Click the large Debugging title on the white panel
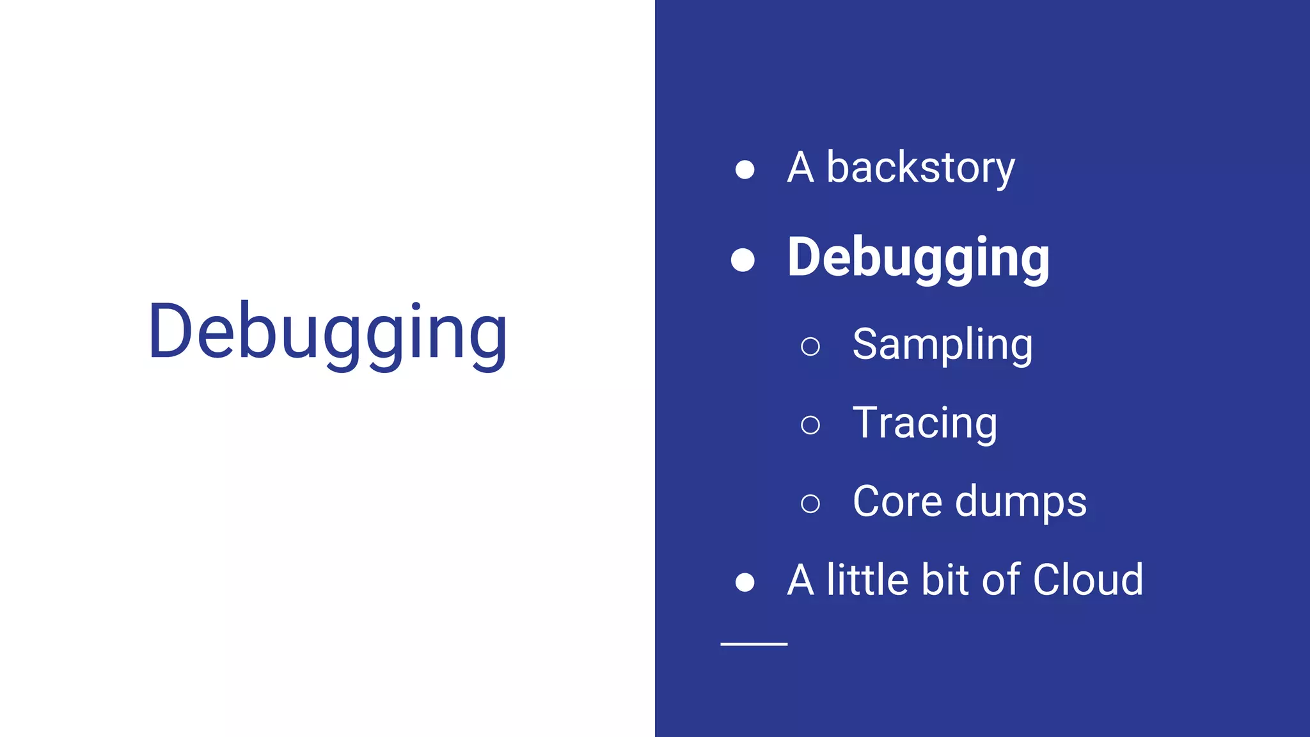(x=327, y=333)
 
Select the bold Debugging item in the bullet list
(x=918, y=258)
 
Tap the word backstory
(x=920, y=168)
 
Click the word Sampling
(x=942, y=345)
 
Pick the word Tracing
(x=924, y=424)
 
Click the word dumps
(x=1021, y=502)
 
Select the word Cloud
(x=1088, y=580)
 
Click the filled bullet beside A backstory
(x=745, y=170)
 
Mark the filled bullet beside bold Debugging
(x=743, y=260)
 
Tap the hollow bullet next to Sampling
(x=810, y=346)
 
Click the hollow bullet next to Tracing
(x=810, y=425)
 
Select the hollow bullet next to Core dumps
(x=810, y=503)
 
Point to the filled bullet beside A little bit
(x=745, y=582)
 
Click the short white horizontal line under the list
(x=754, y=644)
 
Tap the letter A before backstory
(x=800, y=168)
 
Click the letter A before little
(x=800, y=580)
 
